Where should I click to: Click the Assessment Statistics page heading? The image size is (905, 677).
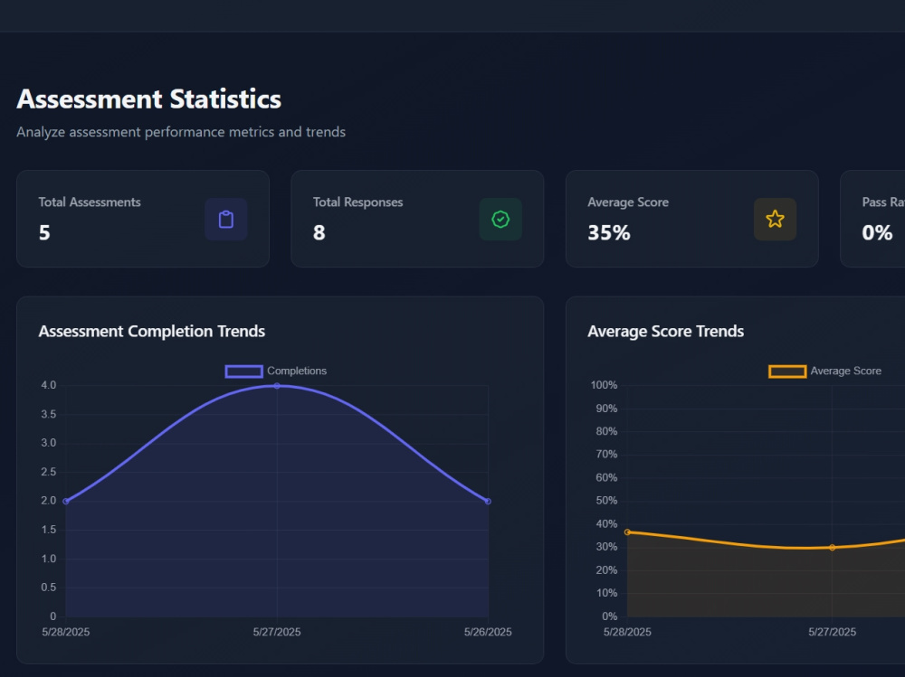point(148,99)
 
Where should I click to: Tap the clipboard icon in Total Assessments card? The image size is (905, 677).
point(226,220)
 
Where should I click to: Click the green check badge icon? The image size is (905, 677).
point(500,220)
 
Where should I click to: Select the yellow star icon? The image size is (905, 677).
point(775,220)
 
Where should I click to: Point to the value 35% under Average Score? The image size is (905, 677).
point(608,233)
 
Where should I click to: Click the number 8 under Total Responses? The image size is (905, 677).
point(319,233)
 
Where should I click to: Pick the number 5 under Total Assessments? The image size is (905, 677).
point(44,233)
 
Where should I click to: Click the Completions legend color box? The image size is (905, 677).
point(243,371)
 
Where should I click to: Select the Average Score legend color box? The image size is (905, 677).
point(786,371)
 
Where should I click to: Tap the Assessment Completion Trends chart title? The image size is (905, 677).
point(151,332)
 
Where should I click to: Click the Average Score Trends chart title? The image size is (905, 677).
point(665,332)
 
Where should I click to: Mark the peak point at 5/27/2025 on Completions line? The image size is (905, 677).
point(277,386)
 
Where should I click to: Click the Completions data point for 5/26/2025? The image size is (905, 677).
point(488,501)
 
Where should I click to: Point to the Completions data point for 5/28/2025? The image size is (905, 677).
point(66,501)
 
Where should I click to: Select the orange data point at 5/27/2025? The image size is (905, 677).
point(832,547)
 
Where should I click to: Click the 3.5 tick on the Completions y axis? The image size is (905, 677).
point(48,415)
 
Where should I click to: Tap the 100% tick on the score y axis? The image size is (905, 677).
point(604,386)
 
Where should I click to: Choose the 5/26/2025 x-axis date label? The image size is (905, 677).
point(488,633)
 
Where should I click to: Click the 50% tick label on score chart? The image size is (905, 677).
point(605,501)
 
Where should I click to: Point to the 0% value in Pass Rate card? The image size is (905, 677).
point(877,233)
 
